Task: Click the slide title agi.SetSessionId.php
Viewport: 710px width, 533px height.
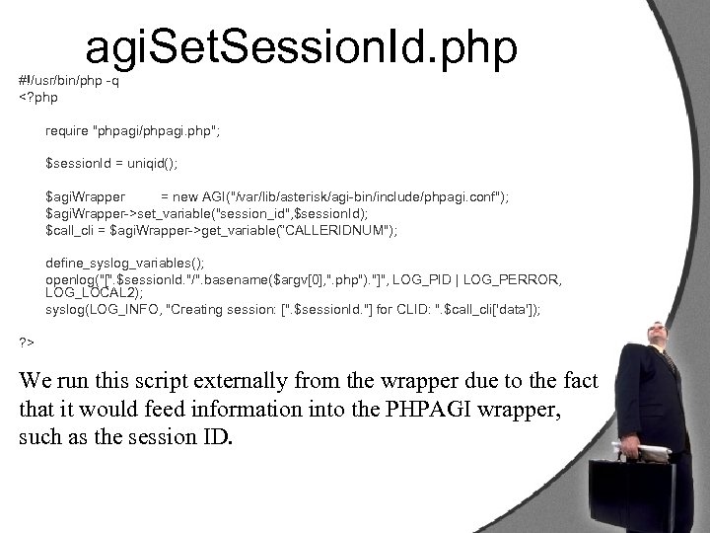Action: (x=302, y=47)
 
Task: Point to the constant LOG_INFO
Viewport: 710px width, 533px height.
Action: (x=126, y=310)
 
